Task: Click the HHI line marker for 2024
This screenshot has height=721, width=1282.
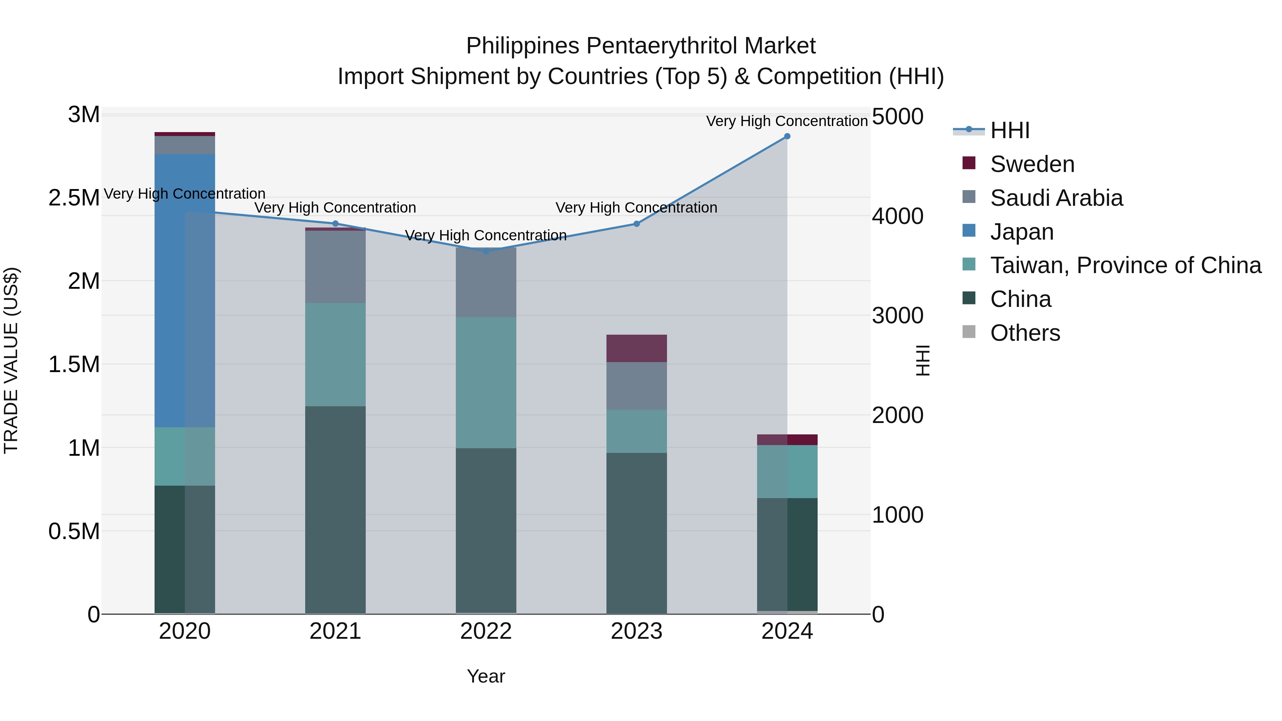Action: coord(787,136)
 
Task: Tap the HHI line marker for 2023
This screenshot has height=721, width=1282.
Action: coord(636,224)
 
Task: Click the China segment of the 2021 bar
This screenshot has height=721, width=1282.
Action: coord(335,510)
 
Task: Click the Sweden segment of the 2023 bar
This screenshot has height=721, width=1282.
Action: coord(636,348)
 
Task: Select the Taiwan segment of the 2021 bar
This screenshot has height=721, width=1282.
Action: coord(335,354)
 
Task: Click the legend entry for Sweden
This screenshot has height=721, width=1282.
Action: coord(1032,164)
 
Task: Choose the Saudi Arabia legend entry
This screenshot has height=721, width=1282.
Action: coord(1056,198)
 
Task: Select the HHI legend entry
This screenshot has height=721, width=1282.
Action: coord(1010,130)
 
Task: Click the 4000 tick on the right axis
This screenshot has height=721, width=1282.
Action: coord(897,216)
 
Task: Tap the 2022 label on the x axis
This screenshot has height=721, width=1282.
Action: coord(486,631)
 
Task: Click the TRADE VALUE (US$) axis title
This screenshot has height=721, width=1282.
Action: coord(11,360)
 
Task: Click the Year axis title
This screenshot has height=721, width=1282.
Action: coord(486,676)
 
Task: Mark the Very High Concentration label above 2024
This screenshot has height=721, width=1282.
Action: coord(787,121)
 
